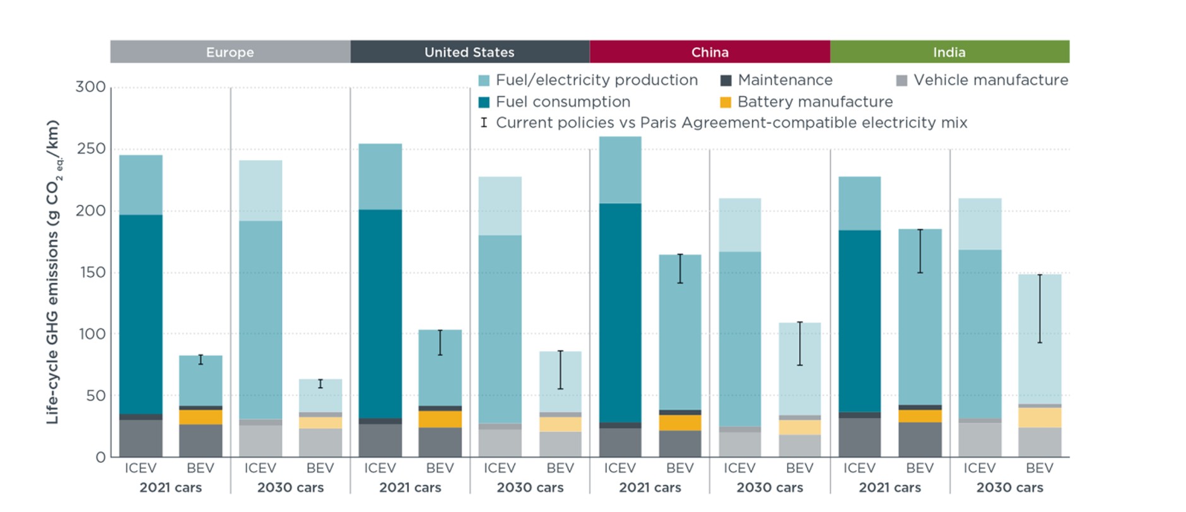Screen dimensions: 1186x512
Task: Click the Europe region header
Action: [230, 52]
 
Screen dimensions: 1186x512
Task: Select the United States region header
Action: [470, 52]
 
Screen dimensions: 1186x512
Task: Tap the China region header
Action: [710, 52]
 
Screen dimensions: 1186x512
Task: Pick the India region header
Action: [949, 52]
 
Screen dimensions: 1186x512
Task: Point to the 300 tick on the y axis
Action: [91, 87]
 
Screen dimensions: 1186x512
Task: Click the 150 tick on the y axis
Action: [92, 272]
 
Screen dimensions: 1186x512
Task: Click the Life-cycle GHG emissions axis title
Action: [53, 272]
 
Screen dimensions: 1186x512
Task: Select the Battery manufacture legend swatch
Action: [726, 102]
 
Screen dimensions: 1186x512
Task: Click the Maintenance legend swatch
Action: [726, 81]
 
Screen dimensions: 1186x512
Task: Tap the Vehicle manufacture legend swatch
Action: [902, 81]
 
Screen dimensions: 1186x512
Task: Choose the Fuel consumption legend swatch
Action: [484, 102]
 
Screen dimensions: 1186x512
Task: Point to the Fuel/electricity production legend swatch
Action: [484, 81]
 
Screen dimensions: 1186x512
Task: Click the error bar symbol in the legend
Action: [484, 122]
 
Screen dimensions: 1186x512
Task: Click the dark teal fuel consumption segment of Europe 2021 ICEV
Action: [141, 315]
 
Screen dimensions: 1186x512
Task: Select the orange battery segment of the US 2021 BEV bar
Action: [440, 419]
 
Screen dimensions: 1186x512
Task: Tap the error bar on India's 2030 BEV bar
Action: [1040, 309]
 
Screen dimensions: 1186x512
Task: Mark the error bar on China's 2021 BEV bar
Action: [680, 269]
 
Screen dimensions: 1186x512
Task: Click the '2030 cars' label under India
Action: [1009, 487]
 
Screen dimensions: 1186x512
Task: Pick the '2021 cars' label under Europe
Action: [170, 487]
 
